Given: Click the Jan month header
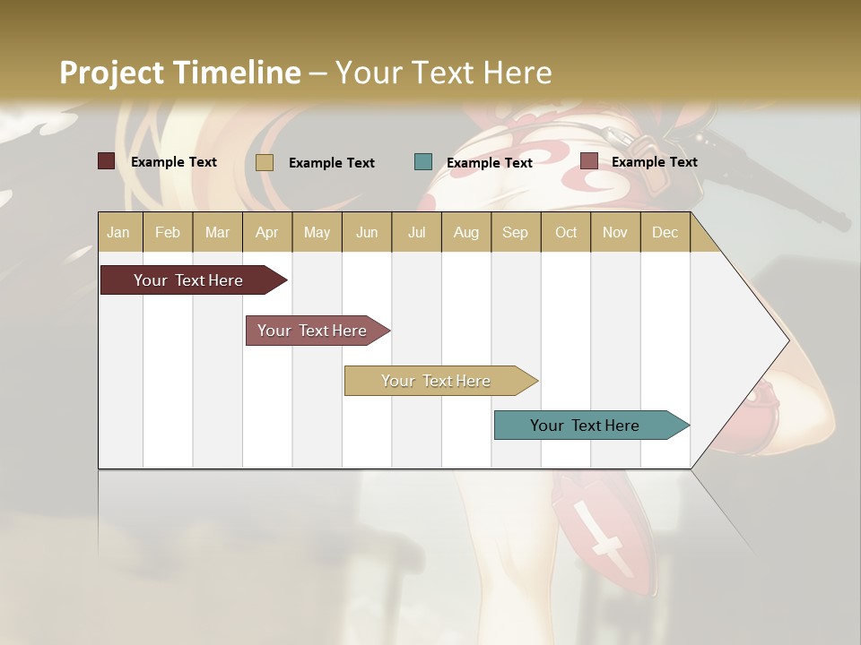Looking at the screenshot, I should click(119, 232).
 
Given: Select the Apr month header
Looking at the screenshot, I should click(267, 232).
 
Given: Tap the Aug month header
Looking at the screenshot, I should click(466, 232).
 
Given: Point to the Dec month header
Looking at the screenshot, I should click(665, 232).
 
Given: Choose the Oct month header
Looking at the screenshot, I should click(566, 232).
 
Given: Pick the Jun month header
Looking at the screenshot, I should click(367, 232).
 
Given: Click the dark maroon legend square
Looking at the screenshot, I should click(106, 161).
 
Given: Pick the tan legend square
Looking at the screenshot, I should click(264, 162).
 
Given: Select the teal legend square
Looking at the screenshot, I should click(423, 162).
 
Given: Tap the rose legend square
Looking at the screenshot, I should click(589, 161).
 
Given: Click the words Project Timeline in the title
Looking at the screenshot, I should click(180, 73).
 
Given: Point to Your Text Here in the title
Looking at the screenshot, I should click(443, 73).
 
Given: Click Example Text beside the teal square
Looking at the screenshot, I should click(490, 162).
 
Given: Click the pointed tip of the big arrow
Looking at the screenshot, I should click(787, 340).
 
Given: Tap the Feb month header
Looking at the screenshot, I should click(168, 232).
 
